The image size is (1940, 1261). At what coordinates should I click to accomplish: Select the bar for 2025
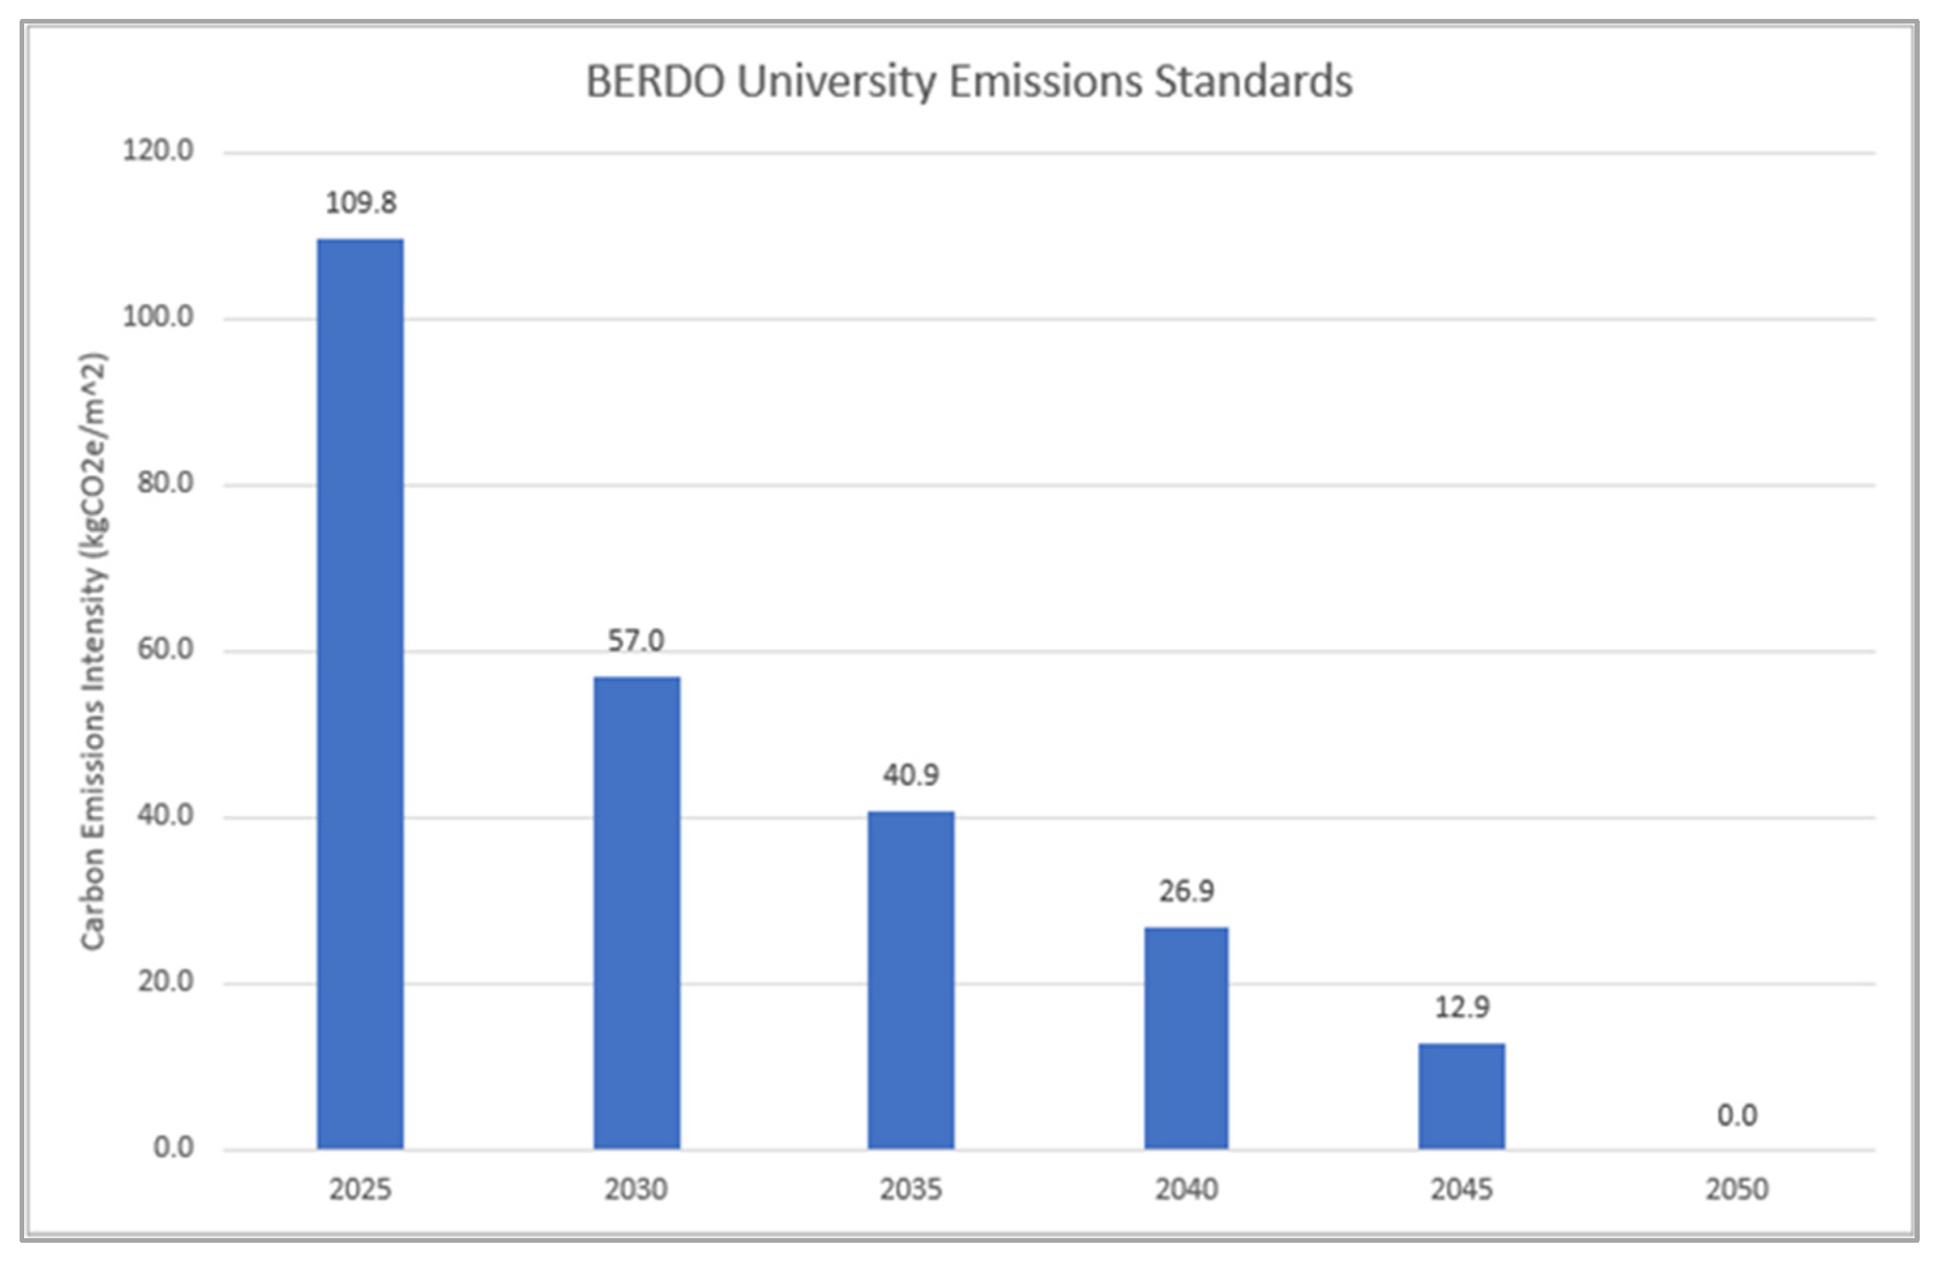coord(360,693)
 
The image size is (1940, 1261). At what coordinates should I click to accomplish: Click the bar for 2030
coord(636,913)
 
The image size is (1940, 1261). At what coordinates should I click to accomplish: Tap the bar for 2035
coord(911,980)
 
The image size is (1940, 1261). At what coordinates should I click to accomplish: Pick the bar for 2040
coord(1186,1038)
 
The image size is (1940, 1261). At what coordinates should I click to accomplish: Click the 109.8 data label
coord(361,203)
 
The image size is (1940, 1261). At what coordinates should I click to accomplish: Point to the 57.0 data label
coord(636,641)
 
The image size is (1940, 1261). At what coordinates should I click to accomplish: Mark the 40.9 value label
coord(911,774)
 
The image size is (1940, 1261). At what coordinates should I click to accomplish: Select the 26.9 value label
coord(1186,891)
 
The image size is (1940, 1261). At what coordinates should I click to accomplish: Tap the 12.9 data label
coord(1462,1008)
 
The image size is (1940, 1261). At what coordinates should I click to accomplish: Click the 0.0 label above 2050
coord(1736,1115)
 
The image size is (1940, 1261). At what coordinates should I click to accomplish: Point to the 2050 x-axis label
coord(1736,1189)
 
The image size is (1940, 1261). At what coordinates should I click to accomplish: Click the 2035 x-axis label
coord(911,1189)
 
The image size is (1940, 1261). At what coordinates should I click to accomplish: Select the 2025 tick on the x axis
coord(360,1189)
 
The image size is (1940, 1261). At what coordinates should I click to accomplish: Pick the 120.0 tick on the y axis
coord(158,151)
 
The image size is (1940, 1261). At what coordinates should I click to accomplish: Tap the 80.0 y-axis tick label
coord(165,482)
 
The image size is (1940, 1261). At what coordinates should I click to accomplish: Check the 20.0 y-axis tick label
coord(165,980)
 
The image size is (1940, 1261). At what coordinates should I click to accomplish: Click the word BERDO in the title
coord(655,82)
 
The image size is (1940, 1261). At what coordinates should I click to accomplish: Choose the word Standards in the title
coord(1253,82)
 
